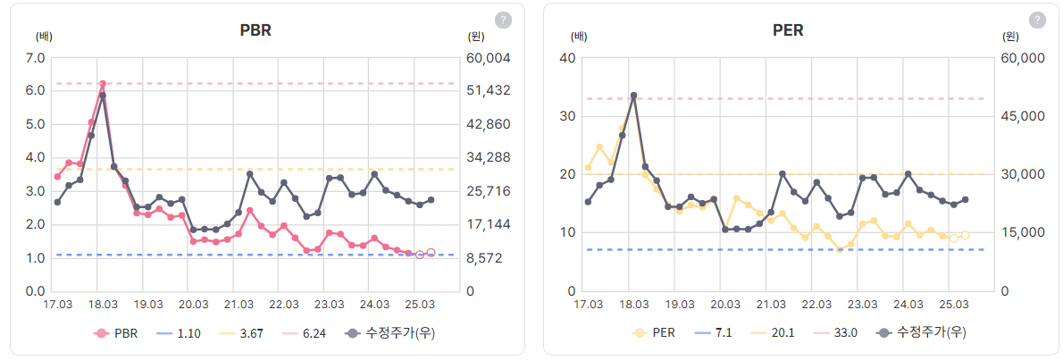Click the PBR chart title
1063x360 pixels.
pyautogui.click(x=255, y=29)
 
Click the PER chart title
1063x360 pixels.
pyautogui.click(x=788, y=29)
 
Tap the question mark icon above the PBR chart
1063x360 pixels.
pyautogui.click(x=503, y=20)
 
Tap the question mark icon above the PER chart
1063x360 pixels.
pyautogui.click(x=1037, y=20)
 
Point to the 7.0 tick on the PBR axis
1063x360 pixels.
pyautogui.click(x=36, y=58)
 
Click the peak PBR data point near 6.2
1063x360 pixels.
pyautogui.click(x=103, y=84)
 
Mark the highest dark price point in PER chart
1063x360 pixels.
pyautogui.click(x=633, y=96)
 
